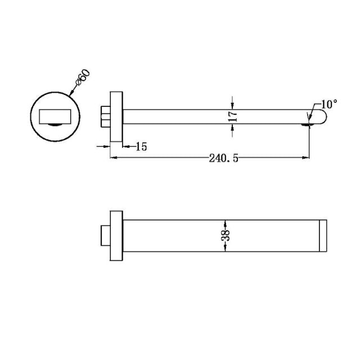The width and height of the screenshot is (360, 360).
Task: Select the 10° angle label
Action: [329, 104]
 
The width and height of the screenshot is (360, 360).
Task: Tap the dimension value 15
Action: [141, 147]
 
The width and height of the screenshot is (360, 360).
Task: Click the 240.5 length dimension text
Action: [224, 159]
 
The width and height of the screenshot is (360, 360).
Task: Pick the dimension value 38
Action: [225, 235]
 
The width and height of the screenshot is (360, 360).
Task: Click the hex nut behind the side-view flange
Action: [106, 116]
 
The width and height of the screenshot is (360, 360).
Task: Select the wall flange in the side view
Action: [116, 116]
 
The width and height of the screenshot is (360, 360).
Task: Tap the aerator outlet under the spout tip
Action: [309, 126]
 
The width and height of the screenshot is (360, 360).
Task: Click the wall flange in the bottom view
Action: [116, 235]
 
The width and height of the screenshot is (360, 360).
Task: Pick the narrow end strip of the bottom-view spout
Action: [323, 235]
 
